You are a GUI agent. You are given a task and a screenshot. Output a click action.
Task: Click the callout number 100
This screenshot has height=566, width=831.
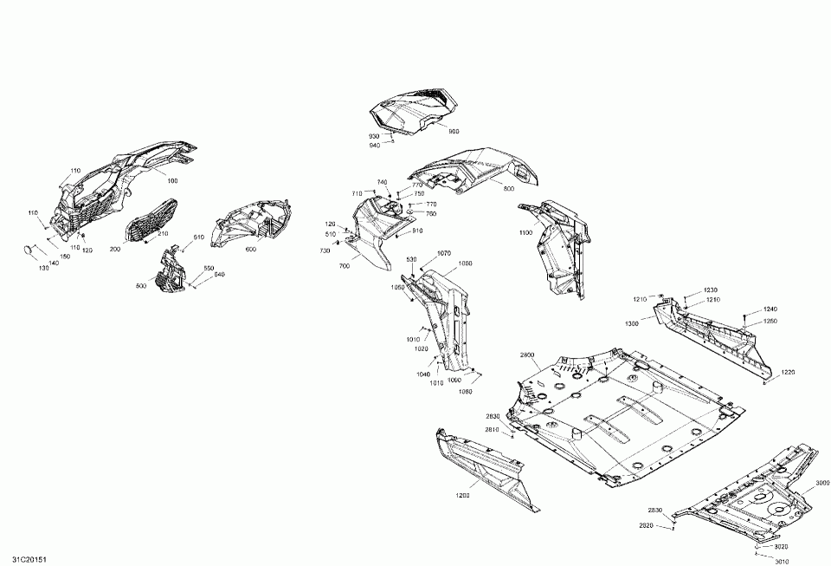[172, 181]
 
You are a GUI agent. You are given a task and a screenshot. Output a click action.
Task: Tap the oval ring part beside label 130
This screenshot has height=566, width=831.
[30, 250]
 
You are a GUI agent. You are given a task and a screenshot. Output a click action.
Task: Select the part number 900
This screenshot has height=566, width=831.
[454, 131]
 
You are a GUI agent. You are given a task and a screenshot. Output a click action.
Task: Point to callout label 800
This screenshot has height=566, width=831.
[508, 188]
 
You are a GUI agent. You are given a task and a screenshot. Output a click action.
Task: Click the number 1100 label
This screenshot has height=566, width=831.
[525, 233]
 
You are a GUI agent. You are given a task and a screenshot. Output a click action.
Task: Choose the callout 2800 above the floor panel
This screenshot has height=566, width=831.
[528, 355]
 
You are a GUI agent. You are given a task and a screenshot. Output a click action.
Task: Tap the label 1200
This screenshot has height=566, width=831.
[463, 495]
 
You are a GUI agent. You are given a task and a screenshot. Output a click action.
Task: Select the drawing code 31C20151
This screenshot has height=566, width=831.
[19, 559]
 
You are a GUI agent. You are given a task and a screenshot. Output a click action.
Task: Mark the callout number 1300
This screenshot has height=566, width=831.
[632, 323]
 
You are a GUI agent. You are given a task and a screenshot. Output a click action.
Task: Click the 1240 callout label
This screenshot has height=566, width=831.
[770, 309]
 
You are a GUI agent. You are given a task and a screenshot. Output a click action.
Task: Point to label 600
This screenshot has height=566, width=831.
[251, 250]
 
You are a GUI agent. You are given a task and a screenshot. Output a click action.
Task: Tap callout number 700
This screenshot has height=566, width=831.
[345, 266]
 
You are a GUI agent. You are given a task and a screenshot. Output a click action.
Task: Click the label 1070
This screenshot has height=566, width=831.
[444, 253]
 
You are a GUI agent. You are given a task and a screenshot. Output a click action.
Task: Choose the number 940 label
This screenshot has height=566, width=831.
[374, 146]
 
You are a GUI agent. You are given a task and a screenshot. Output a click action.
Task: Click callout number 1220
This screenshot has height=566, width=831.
[787, 372]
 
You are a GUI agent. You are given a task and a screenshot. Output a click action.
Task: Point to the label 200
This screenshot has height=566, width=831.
[115, 249]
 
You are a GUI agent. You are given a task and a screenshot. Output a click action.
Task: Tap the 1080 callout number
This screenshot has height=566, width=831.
[466, 391]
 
